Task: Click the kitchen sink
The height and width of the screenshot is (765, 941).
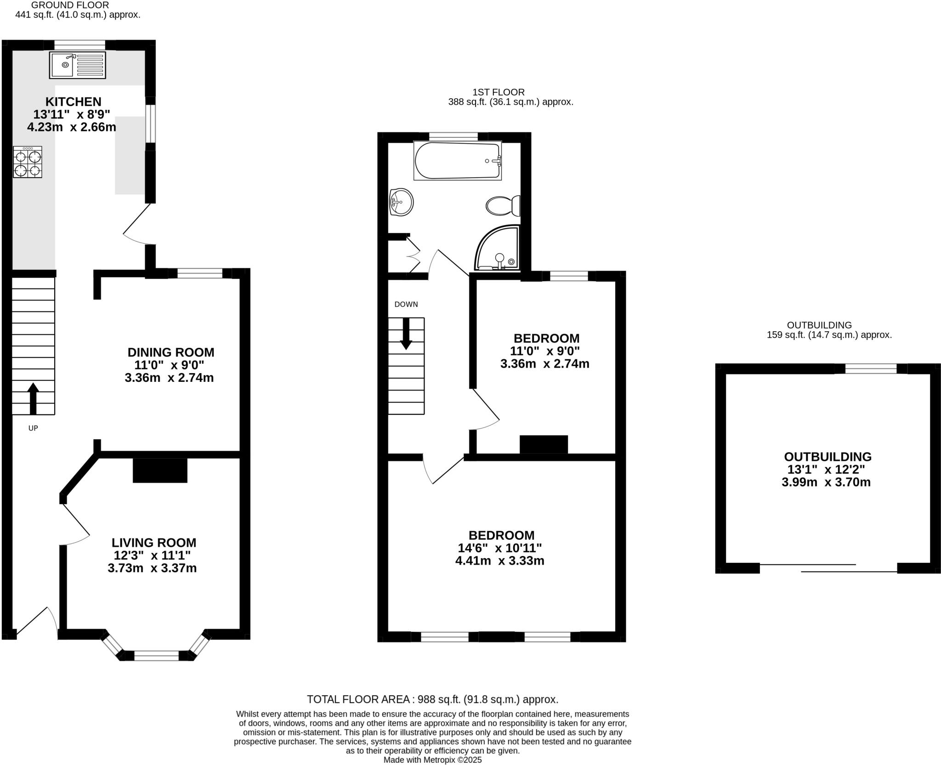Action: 78,65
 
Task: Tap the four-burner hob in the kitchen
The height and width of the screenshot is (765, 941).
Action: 28,162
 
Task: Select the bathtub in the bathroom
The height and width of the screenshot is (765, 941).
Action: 457,161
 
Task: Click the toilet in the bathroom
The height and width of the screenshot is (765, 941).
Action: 503,206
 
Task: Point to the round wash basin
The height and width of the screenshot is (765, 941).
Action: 401,202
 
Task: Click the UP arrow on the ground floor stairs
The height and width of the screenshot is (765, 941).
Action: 33,398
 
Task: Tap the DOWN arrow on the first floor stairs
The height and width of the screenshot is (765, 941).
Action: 406,333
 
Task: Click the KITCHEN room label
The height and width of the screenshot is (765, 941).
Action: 73,102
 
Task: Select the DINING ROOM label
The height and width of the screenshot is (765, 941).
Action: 170,352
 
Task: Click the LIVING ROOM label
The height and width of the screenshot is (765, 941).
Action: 154,543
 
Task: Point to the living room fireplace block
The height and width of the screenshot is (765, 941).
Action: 160,470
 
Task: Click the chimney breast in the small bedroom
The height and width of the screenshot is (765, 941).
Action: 544,444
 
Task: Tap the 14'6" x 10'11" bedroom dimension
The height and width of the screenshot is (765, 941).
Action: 499,548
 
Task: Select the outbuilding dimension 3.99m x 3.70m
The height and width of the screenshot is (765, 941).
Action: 826,482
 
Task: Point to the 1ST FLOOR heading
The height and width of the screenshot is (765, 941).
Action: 498,92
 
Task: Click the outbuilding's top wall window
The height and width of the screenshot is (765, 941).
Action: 871,368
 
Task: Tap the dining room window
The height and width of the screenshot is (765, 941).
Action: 199,274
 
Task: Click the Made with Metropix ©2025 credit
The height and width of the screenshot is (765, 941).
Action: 432,760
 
